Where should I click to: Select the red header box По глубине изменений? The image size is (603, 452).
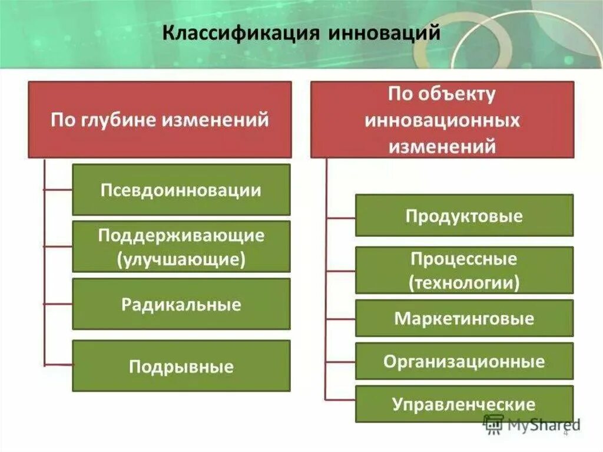[160, 120]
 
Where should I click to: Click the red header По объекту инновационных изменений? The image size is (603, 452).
[442, 120]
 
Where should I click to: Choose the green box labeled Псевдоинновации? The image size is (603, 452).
[181, 190]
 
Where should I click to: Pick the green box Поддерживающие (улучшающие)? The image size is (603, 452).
[181, 246]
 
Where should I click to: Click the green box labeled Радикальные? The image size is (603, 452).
[181, 304]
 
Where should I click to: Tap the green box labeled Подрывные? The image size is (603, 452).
[181, 366]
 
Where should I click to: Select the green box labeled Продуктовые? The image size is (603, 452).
[464, 216]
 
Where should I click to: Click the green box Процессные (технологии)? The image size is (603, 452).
[464, 270]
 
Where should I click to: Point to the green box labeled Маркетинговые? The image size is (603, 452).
[464, 318]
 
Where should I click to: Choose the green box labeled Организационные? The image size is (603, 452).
[464, 361]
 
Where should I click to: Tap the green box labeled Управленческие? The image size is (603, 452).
[464, 404]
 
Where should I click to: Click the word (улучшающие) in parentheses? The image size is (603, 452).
[181, 259]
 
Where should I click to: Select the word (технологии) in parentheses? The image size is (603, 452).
[464, 282]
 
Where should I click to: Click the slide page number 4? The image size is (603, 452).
[566, 434]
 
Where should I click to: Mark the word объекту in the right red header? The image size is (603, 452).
[459, 94]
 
